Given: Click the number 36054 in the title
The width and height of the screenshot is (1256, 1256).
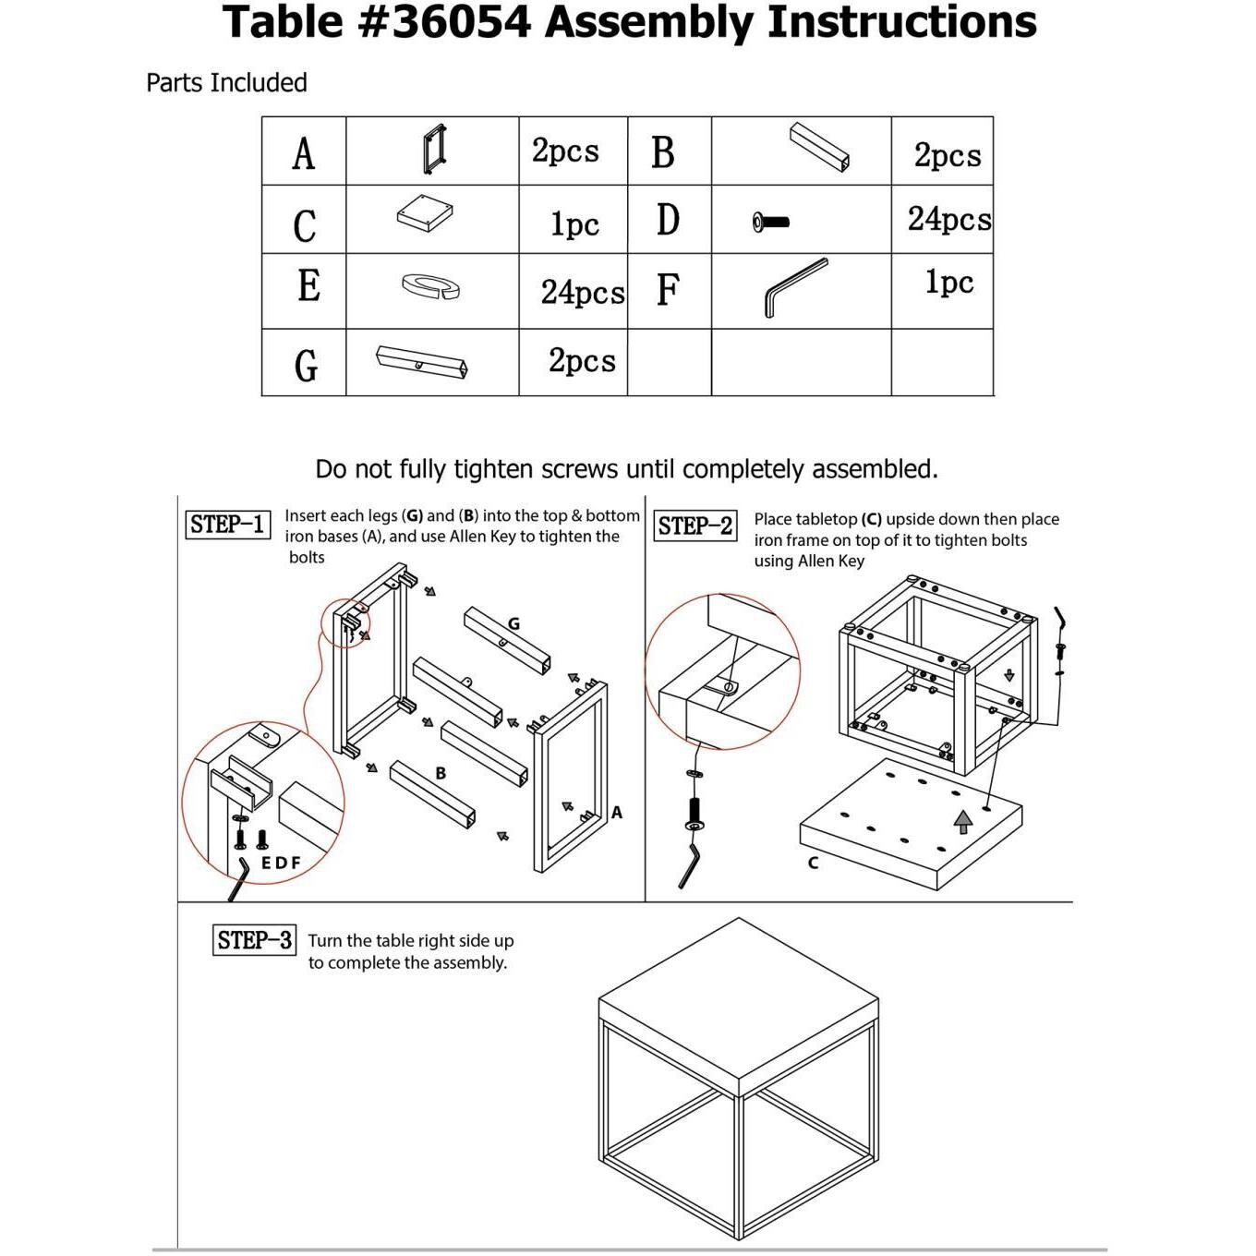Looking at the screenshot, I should pyautogui.click(x=461, y=22).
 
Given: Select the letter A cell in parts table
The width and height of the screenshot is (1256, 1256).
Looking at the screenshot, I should pyautogui.click(x=304, y=152).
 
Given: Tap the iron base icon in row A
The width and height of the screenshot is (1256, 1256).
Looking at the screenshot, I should pyautogui.click(x=434, y=148).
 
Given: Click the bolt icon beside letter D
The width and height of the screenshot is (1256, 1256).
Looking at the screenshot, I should pyautogui.click(x=770, y=222).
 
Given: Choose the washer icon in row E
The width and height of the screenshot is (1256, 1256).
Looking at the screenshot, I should pyautogui.click(x=431, y=286).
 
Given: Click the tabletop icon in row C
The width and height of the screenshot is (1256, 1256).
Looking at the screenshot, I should pyautogui.click(x=425, y=214).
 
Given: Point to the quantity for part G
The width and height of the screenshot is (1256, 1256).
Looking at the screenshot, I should pyautogui.click(x=582, y=361).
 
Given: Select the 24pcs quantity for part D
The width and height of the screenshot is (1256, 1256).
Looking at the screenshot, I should pyautogui.click(x=948, y=220).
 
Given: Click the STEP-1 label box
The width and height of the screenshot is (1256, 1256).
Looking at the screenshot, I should pyautogui.click(x=227, y=525).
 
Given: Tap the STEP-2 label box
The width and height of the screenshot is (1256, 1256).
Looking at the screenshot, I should pyautogui.click(x=694, y=526).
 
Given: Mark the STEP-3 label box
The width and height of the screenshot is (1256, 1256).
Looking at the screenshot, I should pyautogui.click(x=254, y=940).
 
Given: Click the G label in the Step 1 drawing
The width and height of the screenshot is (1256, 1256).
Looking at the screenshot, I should pyautogui.click(x=513, y=624).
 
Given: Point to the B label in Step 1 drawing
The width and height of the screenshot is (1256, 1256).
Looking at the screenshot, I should pyautogui.click(x=441, y=773).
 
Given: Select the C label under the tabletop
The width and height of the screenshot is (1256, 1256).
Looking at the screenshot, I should pyautogui.click(x=813, y=863).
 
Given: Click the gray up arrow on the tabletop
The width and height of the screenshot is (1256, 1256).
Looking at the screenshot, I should pyautogui.click(x=963, y=820).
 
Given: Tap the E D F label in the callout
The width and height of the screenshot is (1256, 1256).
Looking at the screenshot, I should pyautogui.click(x=281, y=863).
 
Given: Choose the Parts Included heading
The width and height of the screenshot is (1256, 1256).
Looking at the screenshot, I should pyautogui.click(x=226, y=83).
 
